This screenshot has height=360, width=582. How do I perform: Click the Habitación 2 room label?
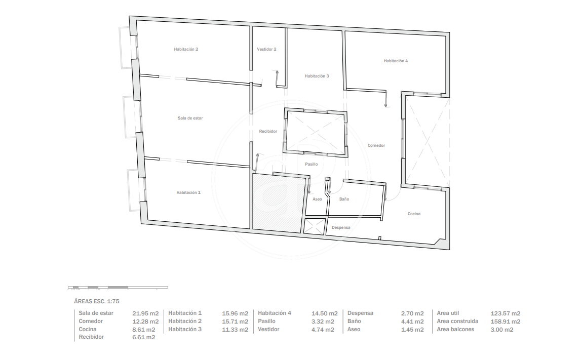pyautogui.click(x=186, y=49)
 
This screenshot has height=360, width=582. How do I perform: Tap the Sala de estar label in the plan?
pyautogui.click(x=190, y=118)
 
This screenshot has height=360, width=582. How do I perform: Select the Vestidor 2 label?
pyautogui.click(x=266, y=49)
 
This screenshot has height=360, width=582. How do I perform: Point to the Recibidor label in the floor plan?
pyautogui.click(x=268, y=131)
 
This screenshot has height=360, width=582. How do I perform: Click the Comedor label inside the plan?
pyautogui.click(x=376, y=145)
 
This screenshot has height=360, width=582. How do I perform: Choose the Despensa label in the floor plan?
pyautogui.click(x=341, y=227)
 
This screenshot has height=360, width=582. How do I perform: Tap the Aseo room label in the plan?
pyautogui.click(x=317, y=199)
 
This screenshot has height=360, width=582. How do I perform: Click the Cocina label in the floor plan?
pyautogui.click(x=414, y=214)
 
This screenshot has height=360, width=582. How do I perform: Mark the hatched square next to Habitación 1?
pyautogui.click(x=277, y=203)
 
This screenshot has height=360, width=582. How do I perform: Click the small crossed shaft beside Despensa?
pyautogui.click(x=315, y=226)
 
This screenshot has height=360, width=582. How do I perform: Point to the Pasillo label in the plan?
pyautogui.click(x=312, y=164)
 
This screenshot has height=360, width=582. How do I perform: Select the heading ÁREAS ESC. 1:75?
pyautogui.click(x=97, y=301)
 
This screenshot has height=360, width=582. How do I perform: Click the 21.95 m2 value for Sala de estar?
pyautogui.click(x=145, y=313)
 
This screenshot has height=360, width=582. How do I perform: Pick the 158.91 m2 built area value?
pyautogui.click(x=505, y=322)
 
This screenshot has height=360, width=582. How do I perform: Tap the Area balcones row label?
pyautogui.click(x=455, y=329)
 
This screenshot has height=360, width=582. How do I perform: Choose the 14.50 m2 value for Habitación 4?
pyautogui.click(x=324, y=313)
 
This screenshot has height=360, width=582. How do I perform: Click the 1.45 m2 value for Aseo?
pyautogui.click(x=412, y=330)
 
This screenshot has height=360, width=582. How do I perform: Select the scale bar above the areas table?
pyautogui.click(x=118, y=287)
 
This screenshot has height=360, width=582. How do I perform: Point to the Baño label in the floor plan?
pyautogui.click(x=344, y=199)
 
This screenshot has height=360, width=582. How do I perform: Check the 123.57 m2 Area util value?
pyautogui.click(x=505, y=313)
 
